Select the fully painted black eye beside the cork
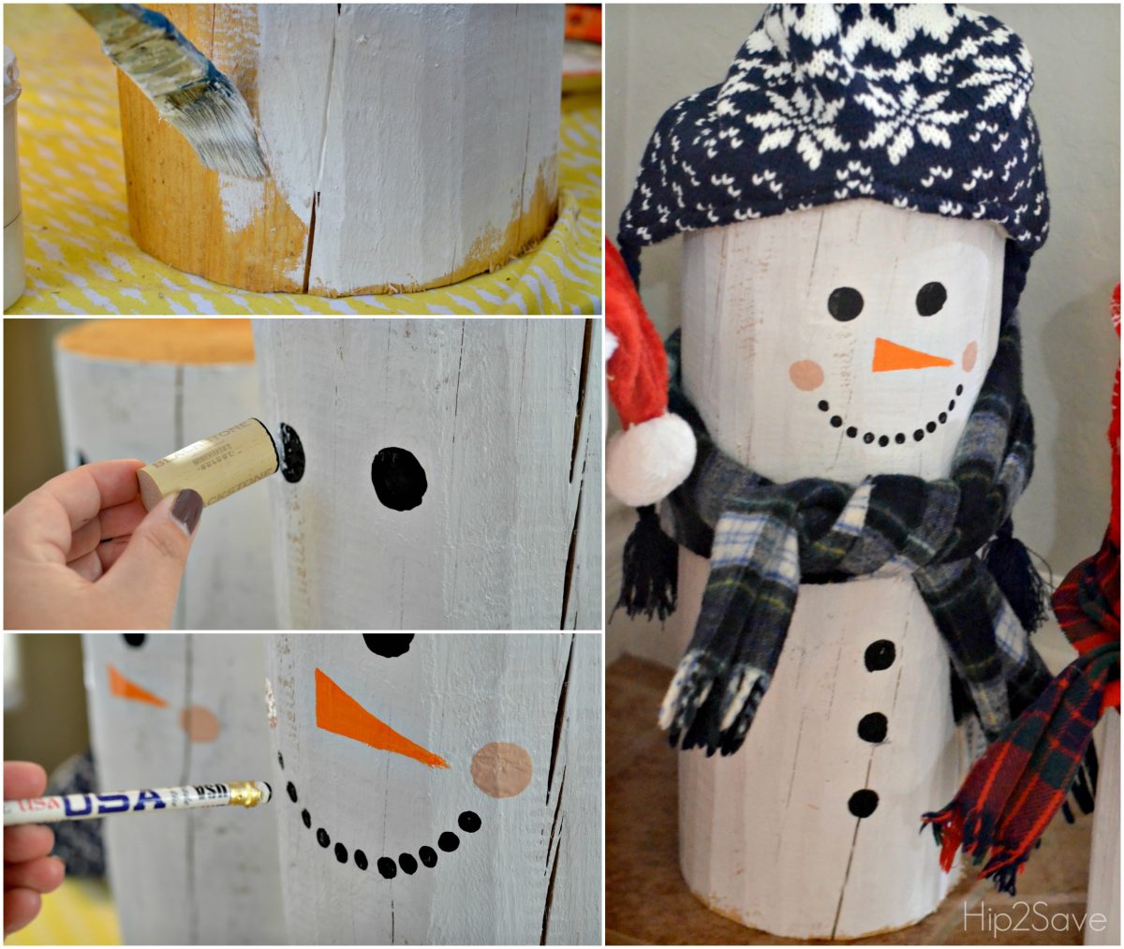[x=399, y=479]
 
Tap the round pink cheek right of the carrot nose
[x=501, y=769]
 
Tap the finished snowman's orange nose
[x=905, y=357]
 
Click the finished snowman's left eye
[x=845, y=304]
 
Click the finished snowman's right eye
[x=931, y=298]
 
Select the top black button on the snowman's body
[x=880, y=655]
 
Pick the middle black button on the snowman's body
[x=873, y=727]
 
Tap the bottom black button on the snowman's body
[x=864, y=803]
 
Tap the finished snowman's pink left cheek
[x=806, y=375]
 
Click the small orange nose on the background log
[x=131, y=689]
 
